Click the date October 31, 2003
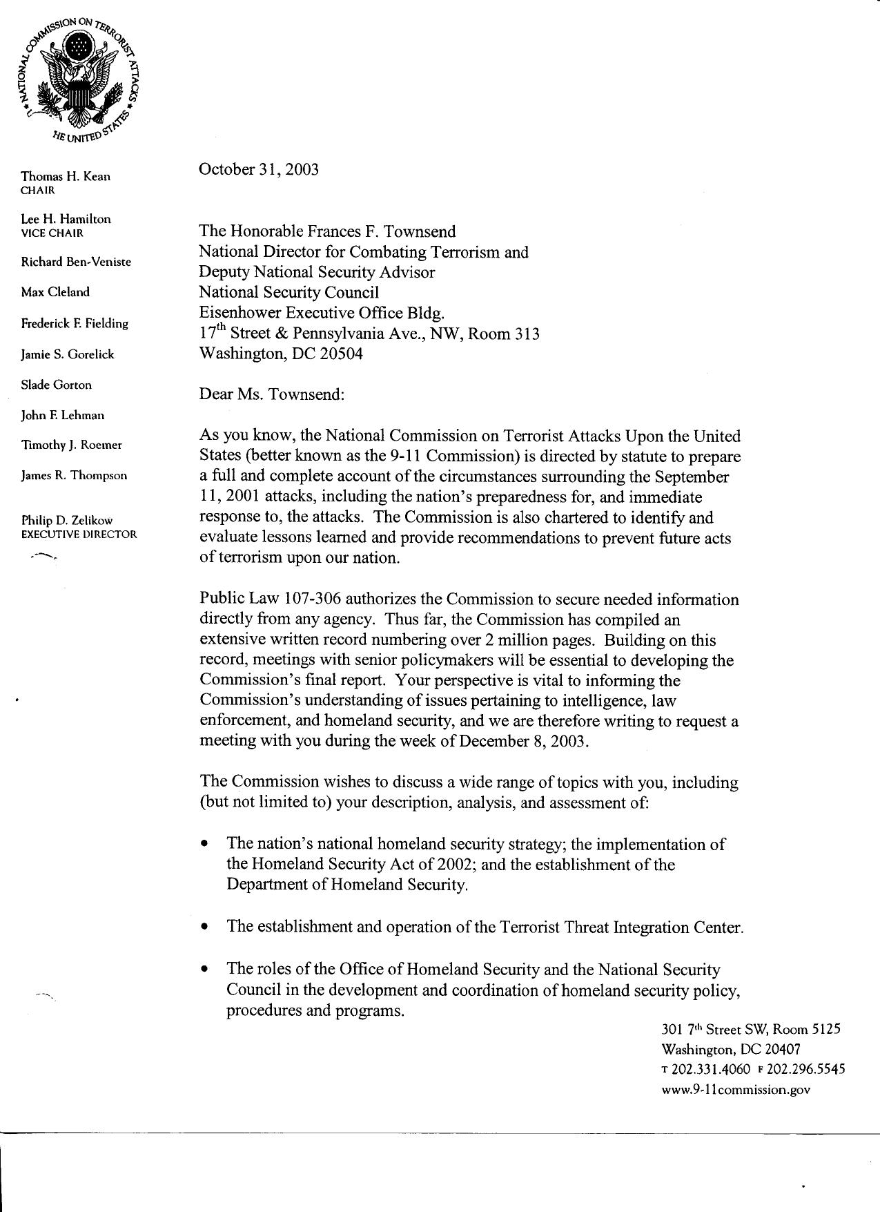coord(259,170)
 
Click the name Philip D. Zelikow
coord(66,520)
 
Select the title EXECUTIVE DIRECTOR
coord(79,534)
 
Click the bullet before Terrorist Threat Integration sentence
coord(204,927)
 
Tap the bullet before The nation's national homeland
coord(204,845)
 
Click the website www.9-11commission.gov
coord(735,1090)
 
